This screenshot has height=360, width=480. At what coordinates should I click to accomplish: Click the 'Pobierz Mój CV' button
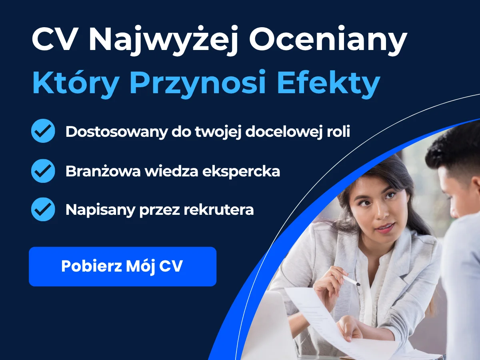pyautogui.click(x=122, y=266)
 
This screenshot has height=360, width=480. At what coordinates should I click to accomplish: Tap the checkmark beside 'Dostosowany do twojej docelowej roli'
pyautogui.click(x=43, y=131)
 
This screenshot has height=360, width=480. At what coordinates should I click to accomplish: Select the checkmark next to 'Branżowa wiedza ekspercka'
pyautogui.click(x=43, y=171)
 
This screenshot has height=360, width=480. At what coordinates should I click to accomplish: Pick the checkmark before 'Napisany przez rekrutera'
pyautogui.click(x=43, y=209)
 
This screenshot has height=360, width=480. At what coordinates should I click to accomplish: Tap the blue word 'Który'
pyautogui.click(x=76, y=83)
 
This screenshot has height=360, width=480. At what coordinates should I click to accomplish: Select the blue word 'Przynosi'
pyautogui.click(x=198, y=83)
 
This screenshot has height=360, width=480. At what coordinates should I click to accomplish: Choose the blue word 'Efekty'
pyautogui.click(x=329, y=83)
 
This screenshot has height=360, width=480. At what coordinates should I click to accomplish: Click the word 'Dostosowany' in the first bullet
pyautogui.click(x=116, y=132)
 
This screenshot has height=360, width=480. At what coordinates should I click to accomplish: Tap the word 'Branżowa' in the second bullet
pyautogui.click(x=103, y=171)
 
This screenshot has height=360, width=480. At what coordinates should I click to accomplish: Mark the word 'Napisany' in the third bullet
pyautogui.click(x=100, y=210)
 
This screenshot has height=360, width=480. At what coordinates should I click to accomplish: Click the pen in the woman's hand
pyautogui.click(x=351, y=281)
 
